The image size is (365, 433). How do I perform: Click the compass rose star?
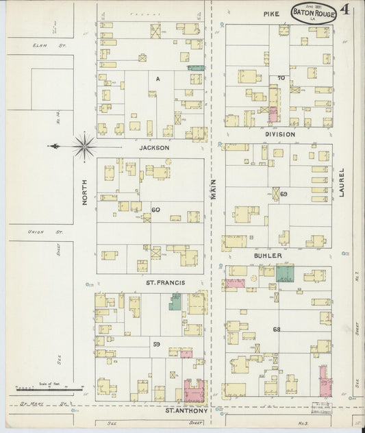click(x=84, y=145)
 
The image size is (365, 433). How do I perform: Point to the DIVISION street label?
click(x=280, y=134)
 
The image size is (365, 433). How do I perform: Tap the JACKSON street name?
click(x=153, y=147)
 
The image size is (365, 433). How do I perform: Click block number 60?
click(x=155, y=210)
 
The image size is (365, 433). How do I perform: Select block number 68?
click(x=277, y=330)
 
